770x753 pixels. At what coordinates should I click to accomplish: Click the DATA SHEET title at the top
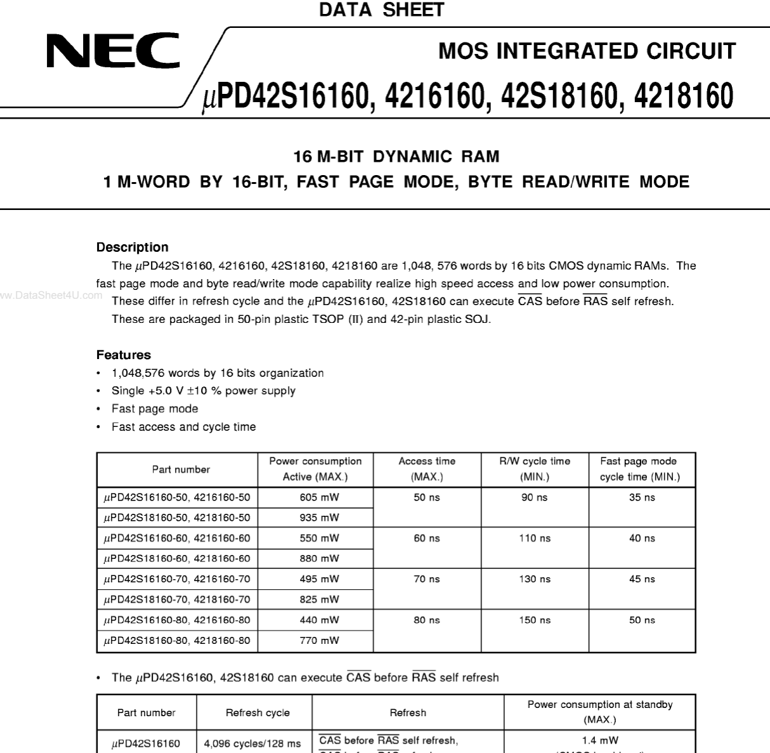pyautogui.click(x=381, y=10)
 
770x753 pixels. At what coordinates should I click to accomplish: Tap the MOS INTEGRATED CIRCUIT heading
pyautogui.click(x=587, y=51)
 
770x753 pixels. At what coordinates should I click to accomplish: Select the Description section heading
pyautogui.click(x=132, y=247)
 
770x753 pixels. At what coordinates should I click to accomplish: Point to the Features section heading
pyautogui.click(x=124, y=355)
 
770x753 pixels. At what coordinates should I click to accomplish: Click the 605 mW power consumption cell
pyautogui.click(x=319, y=497)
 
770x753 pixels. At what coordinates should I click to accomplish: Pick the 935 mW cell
pyautogui.click(x=319, y=518)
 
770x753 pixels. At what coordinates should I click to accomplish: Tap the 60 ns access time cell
pyautogui.click(x=426, y=539)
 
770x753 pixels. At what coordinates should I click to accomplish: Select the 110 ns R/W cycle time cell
pyautogui.click(x=535, y=539)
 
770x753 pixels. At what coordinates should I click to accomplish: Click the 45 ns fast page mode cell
pyautogui.click(x=642, y=579)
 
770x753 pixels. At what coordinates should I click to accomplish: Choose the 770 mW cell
pyautogui.click(x=319, y=641)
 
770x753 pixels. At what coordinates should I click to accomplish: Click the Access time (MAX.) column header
pyautogui.click(x=427, y=469)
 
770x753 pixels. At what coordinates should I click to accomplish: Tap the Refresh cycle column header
pyautogui.click(x=258, y=713)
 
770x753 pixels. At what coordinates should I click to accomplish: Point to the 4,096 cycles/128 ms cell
pyautogui.click(x=252, y=743)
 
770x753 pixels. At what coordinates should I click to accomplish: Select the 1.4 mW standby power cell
pyautogui.click(x=599, y=740)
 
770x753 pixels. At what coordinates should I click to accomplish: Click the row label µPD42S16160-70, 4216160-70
pyautogui.click(x=177, y=579)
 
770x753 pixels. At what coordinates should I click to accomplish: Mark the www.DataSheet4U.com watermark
pyautogui.click(x=51, y=295)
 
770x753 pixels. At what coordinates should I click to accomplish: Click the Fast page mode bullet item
pyautogui.click(x=155, y=409)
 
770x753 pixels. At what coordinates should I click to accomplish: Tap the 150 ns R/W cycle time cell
pyautogui.click(x=535, y=620)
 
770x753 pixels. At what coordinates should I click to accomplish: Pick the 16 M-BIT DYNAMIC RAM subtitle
pyautogui.click(x=396, y=157)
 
